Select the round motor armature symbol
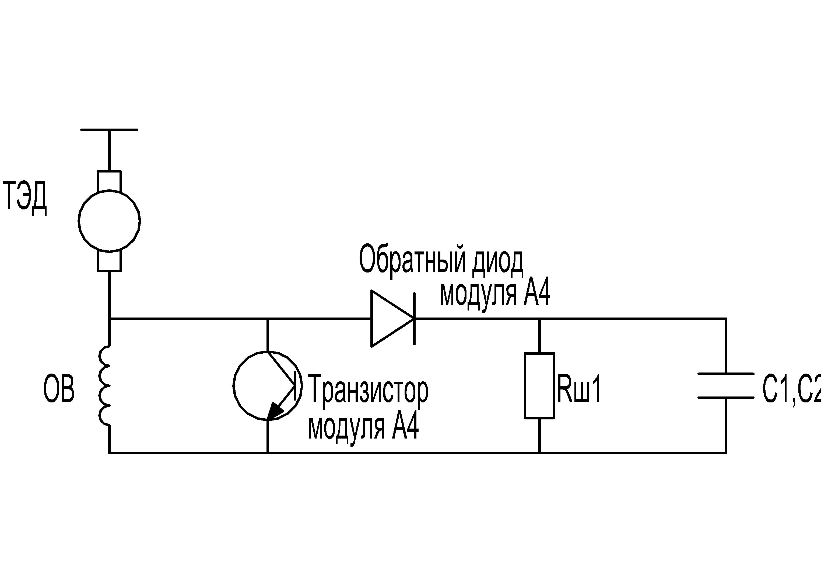(109, 221)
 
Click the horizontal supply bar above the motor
(109, 130)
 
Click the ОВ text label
(59, 389)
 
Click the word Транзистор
(368, 390)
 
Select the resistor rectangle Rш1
(539, 385)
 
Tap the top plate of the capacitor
(726, 373)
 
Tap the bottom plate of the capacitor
(726, 397)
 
